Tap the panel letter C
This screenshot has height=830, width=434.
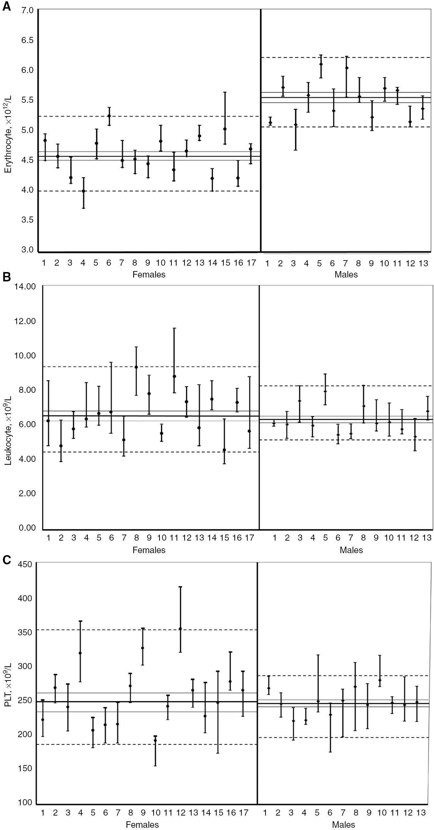(x=6, y=561)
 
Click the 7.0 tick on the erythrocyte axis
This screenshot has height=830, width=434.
(x=28, y=10)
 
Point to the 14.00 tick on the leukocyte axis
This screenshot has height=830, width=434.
(x=25, y=287)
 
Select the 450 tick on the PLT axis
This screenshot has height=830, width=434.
(x=25, y=564)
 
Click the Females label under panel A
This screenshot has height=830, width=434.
(x=149, y=275)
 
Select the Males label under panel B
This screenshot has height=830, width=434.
(x=351, y=550)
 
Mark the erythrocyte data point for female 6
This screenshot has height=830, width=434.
(x=109, y=116)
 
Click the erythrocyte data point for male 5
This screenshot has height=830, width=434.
(x=321, y=64)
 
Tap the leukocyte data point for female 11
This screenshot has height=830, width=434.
(x=174, y=376)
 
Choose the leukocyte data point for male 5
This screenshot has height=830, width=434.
(x=325, y=392)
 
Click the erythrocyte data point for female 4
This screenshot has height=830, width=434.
(x=84, y=191)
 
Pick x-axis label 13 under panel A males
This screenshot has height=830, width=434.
(x=423, y=263)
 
